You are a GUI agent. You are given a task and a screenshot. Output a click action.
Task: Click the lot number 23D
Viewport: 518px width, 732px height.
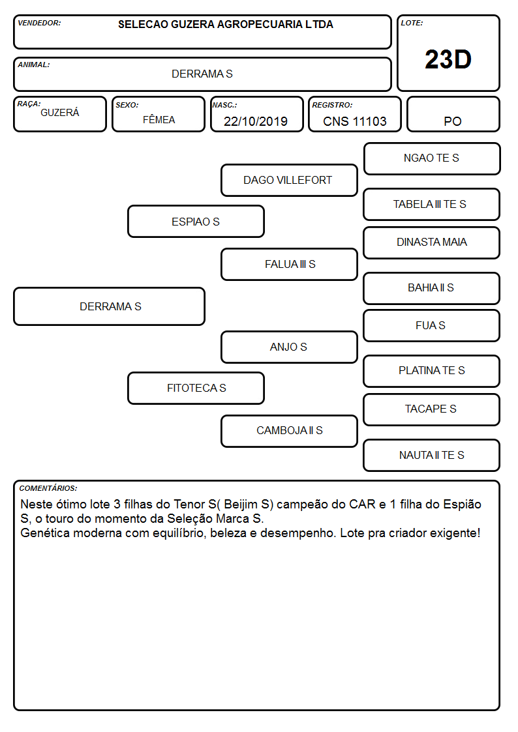(448, 59)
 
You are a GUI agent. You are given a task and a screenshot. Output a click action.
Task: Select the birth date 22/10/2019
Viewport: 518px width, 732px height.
(256, 121)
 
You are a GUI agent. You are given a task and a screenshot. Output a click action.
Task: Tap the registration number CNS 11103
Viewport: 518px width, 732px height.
(354, 121)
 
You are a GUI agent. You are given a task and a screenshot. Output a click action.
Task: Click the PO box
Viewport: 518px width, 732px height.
(453, 114)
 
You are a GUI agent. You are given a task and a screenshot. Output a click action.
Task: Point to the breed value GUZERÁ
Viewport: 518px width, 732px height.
(60, 113)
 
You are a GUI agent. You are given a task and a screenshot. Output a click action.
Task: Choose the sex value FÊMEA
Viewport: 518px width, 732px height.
(159, 119)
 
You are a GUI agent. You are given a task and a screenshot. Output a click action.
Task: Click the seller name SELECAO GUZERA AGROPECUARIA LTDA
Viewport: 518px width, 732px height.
(226, 24)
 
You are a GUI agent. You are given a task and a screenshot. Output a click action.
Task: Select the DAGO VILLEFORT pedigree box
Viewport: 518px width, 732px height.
(289, 180)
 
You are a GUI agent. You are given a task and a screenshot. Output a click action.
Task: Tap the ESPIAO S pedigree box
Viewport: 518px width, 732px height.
(196, 221)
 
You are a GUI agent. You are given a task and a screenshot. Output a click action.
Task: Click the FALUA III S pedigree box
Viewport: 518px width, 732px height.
(289, 264)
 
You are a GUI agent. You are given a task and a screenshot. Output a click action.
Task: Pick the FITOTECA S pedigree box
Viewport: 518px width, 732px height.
(196, 388)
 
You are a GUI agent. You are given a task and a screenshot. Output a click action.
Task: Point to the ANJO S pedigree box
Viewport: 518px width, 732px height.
(289, 347)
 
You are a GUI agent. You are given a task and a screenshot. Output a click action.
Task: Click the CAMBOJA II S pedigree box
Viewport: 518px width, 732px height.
(289, 431)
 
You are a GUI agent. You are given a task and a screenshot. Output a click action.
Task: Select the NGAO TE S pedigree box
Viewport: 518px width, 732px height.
(432, 159)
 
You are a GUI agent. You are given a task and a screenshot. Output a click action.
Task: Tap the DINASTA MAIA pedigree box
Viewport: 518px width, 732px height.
(432, 242)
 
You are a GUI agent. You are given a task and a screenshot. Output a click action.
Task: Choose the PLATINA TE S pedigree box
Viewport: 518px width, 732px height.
(432, 371)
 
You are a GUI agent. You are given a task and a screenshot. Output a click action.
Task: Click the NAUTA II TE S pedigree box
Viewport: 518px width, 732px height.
(432, 455)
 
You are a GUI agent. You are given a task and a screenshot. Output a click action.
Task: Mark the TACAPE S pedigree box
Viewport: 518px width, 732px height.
(432, 409)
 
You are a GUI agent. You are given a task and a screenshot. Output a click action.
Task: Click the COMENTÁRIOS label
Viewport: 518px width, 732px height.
(48, 488)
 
